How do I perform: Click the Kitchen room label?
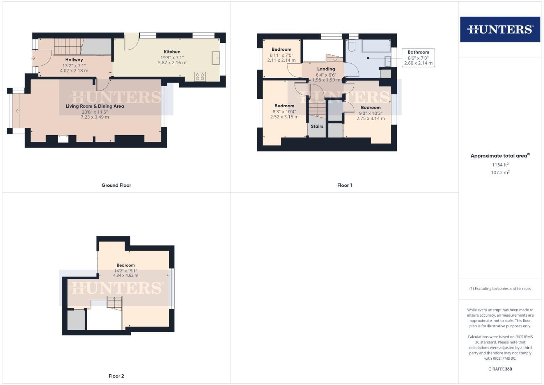172,52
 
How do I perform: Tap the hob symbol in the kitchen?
200,76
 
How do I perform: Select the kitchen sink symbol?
216,58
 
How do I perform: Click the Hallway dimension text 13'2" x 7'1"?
74,65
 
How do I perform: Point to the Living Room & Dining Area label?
95,106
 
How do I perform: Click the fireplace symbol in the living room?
62,138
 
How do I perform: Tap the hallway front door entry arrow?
33,58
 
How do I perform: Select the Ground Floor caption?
116,185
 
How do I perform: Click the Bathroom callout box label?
418,52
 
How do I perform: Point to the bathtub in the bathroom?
376,46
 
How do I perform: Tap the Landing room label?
326,69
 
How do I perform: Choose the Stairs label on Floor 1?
317,126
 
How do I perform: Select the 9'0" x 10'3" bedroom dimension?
371,113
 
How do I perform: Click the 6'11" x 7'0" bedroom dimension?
281,55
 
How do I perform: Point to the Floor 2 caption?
116,376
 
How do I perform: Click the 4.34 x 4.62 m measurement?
125,275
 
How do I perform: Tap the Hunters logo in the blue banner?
500,29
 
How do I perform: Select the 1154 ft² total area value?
500,165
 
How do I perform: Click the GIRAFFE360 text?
500,369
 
